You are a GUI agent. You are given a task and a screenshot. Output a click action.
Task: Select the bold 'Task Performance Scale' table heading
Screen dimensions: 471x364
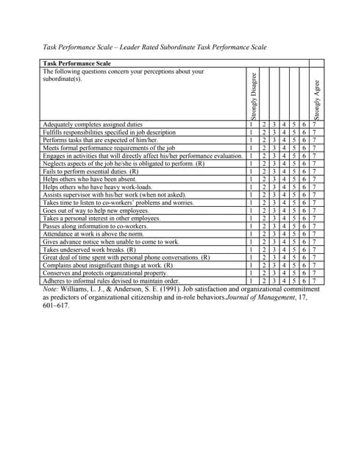tap(76, 63)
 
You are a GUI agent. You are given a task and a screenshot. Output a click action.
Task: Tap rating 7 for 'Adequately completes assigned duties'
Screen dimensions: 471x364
tap(315, 125)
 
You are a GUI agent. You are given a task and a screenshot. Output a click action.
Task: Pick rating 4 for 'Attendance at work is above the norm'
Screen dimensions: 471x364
tap(284, 233)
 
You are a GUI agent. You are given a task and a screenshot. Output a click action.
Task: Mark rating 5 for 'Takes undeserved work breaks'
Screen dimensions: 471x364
tap(294, 249)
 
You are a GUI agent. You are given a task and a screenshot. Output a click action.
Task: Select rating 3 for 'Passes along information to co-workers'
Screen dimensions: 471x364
tap(274, 226)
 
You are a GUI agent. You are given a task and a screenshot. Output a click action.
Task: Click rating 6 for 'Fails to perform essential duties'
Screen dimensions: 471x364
tap(304, 171)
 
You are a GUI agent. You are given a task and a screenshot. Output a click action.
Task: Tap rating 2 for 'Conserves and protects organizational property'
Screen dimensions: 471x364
tap(264, 272)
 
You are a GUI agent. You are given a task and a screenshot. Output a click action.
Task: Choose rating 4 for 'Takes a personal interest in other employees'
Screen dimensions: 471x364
tap(284, 218)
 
